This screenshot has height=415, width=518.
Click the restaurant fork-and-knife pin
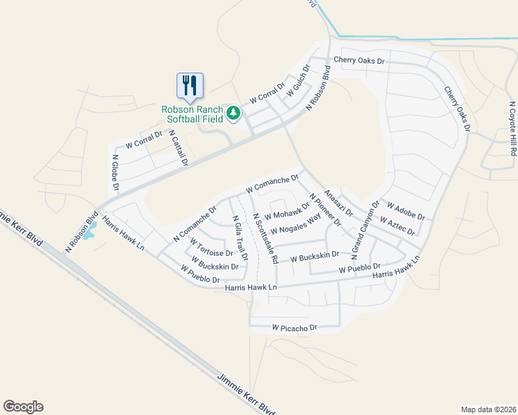pyautogui.click(x=190, y=86)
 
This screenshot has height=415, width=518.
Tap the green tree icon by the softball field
pyautogui.click(x=234, y=111)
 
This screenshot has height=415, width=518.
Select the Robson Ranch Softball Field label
pyautogui.click(x=193, y=114)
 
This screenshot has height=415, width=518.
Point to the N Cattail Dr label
pyautogui.click(x=178, y=149)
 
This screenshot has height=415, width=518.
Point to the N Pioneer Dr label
pyautogui.click(x=325, y=210)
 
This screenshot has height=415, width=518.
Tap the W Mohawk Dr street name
pyautogui.click(x=287, y=209)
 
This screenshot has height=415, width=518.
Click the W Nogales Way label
pyautogui.click(x=296, y=224)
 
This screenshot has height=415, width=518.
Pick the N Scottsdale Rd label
pyautogui.click(x=265, y=238)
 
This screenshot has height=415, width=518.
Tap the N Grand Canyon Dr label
pyautogui.click(x=366, y=231)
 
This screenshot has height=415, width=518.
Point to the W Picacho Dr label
pyautogui.click(x=294, y=327)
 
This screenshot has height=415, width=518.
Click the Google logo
pyautogui.click(x=23, y=407)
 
